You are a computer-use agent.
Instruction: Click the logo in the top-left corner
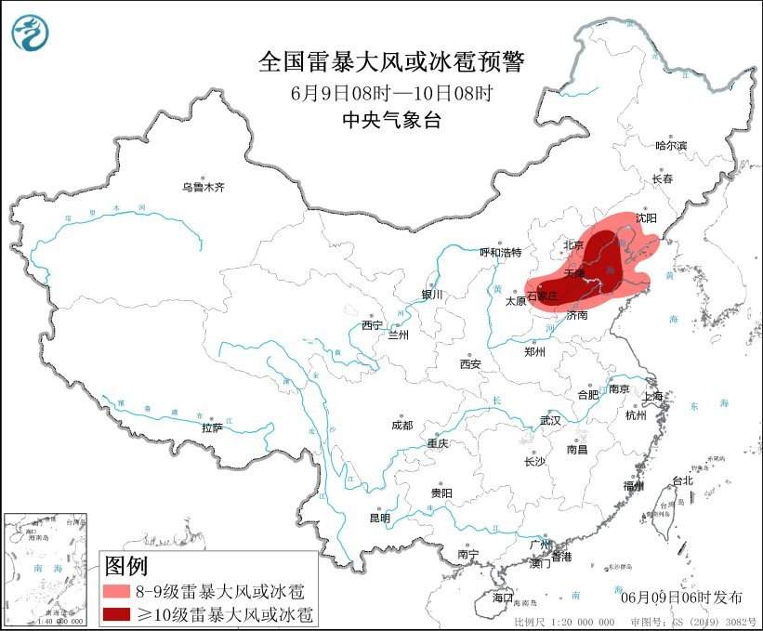[x=30, y=33]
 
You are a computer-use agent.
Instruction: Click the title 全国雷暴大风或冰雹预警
[x=390, y=62]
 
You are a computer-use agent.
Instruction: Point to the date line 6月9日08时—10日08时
[x=390, y=93]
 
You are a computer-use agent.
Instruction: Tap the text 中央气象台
[x=390, y=119]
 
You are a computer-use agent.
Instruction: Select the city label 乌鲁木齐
[x=203, y=188]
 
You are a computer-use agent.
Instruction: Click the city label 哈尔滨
[x=670, y=146]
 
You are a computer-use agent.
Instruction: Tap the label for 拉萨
[x=212, y=428]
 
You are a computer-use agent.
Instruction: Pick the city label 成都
[x=401, y=426]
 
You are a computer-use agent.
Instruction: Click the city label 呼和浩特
[x=501, y=253]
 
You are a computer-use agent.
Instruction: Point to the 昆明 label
[x=380, y=518]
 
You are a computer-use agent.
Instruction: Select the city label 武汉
[x=550, y=420]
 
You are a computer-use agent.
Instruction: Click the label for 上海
[x=653, y=397]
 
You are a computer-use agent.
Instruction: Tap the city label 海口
[x=503, y=596]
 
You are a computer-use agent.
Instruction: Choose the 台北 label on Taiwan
[x=683, y=481]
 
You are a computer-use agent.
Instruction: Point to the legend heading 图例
[x=125, y=565]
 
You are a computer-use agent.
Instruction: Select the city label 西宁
[x=372, y=326]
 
